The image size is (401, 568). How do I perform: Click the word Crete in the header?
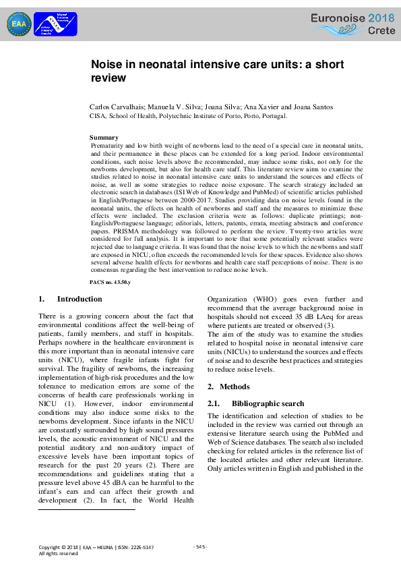click(382, 31)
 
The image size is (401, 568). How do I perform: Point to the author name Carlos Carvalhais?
click(117, 107)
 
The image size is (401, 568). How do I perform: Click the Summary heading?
click(104, 138)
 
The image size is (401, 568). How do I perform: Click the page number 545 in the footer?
click(200, 546)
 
